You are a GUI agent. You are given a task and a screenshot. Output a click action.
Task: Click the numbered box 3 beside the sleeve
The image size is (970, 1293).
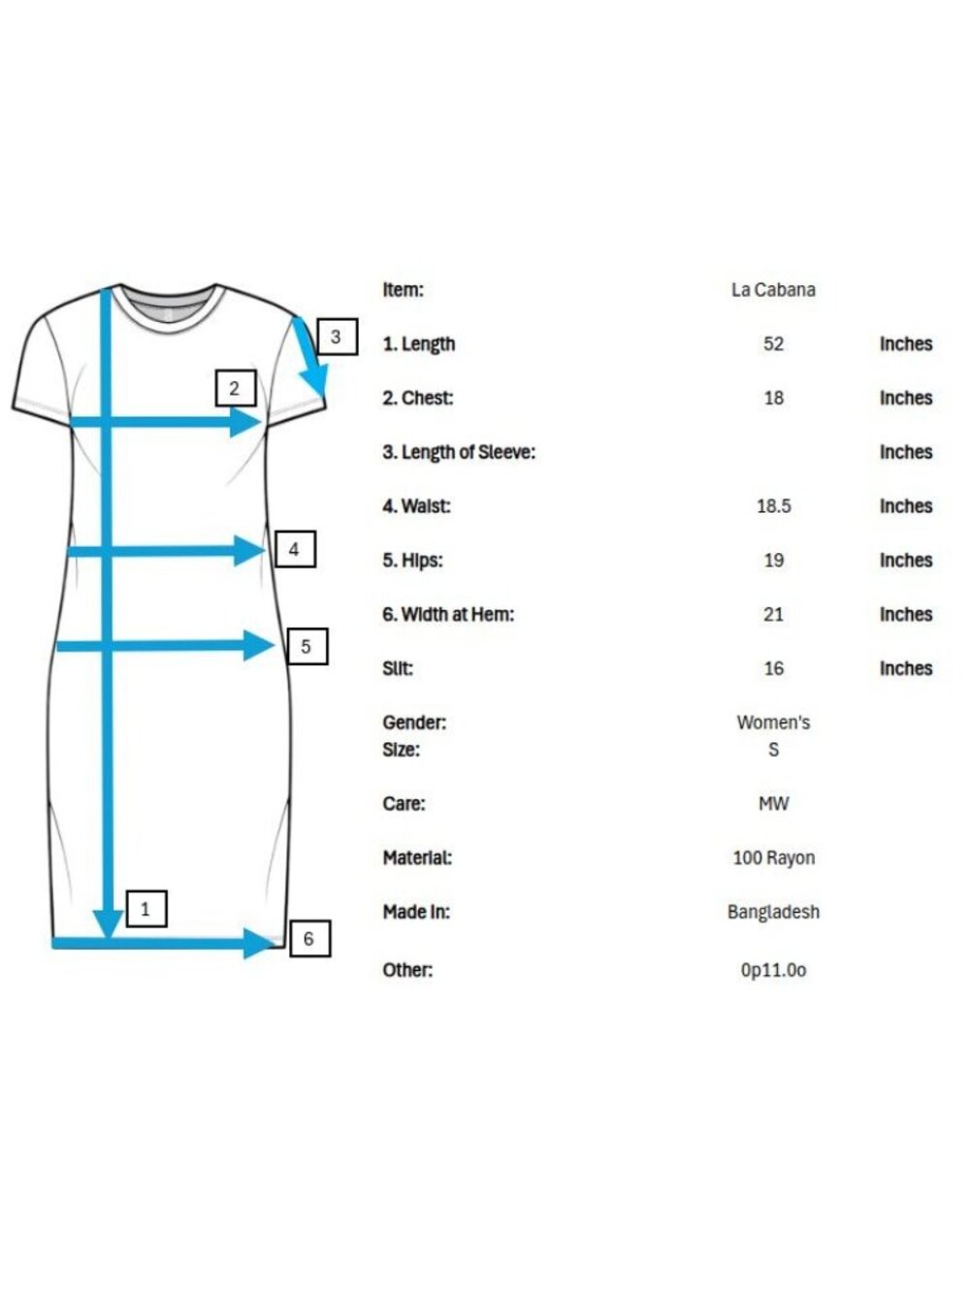(337, 337)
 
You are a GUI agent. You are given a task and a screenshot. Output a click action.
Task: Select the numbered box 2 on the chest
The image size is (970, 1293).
(236, 388)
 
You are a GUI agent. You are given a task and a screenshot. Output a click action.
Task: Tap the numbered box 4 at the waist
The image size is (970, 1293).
(295, 549)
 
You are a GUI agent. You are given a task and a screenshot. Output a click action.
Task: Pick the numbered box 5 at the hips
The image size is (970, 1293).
(307, 646)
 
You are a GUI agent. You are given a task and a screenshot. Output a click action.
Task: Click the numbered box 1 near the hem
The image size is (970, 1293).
(146, 909)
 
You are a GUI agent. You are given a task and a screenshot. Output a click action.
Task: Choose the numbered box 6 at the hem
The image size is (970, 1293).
(309, 938)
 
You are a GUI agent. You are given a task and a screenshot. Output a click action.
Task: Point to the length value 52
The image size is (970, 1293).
(773, 343)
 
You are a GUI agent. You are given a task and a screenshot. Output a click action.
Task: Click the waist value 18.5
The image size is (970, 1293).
(773, 506)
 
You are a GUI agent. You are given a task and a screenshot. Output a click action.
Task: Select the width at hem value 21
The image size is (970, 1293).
(773, 614)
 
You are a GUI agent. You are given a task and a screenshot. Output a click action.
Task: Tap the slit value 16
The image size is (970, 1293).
(773, 668)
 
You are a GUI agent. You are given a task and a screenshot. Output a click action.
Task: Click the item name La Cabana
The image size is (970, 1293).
(773, 290)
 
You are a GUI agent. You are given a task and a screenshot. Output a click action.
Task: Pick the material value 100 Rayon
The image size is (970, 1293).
(774, 857)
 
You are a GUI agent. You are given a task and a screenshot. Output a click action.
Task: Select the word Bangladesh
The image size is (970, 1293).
(773, 912)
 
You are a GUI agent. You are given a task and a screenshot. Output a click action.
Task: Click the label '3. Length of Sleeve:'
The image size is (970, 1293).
(459, 452)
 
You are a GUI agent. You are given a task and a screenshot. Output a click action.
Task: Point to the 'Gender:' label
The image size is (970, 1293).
(414, 723)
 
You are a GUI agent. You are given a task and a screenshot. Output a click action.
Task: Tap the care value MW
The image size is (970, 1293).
(773, 803)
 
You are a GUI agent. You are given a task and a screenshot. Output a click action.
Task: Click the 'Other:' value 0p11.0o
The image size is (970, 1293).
(773, 970)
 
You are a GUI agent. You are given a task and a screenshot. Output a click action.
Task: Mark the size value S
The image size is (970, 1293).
(773, 749)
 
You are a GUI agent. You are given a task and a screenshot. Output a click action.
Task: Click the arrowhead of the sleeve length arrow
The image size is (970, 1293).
(315, 380)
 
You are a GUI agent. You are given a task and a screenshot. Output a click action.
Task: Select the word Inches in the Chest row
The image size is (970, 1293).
(906, 398)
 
